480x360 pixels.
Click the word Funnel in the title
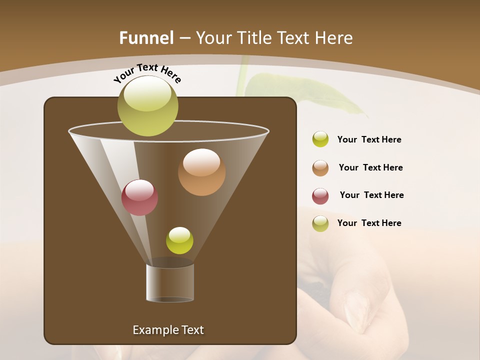[146, 38]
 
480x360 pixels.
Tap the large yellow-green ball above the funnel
[148, 106]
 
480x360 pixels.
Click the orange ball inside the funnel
[201, 172]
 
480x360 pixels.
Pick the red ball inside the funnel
[139, 197]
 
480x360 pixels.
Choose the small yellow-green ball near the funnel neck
[179, 240]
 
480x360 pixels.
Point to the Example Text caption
[168, 330]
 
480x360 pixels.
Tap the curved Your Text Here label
[147, 73]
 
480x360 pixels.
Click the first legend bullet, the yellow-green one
[320, 139]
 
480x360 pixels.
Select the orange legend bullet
[320, 168]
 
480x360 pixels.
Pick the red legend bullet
[320, 196]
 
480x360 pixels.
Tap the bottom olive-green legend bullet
[320, 223]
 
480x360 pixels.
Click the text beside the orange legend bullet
[370, 167]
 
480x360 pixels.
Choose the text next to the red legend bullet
[371, 195]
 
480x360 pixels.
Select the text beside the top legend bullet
[369, 139]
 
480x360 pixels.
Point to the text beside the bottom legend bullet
[369, 223]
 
